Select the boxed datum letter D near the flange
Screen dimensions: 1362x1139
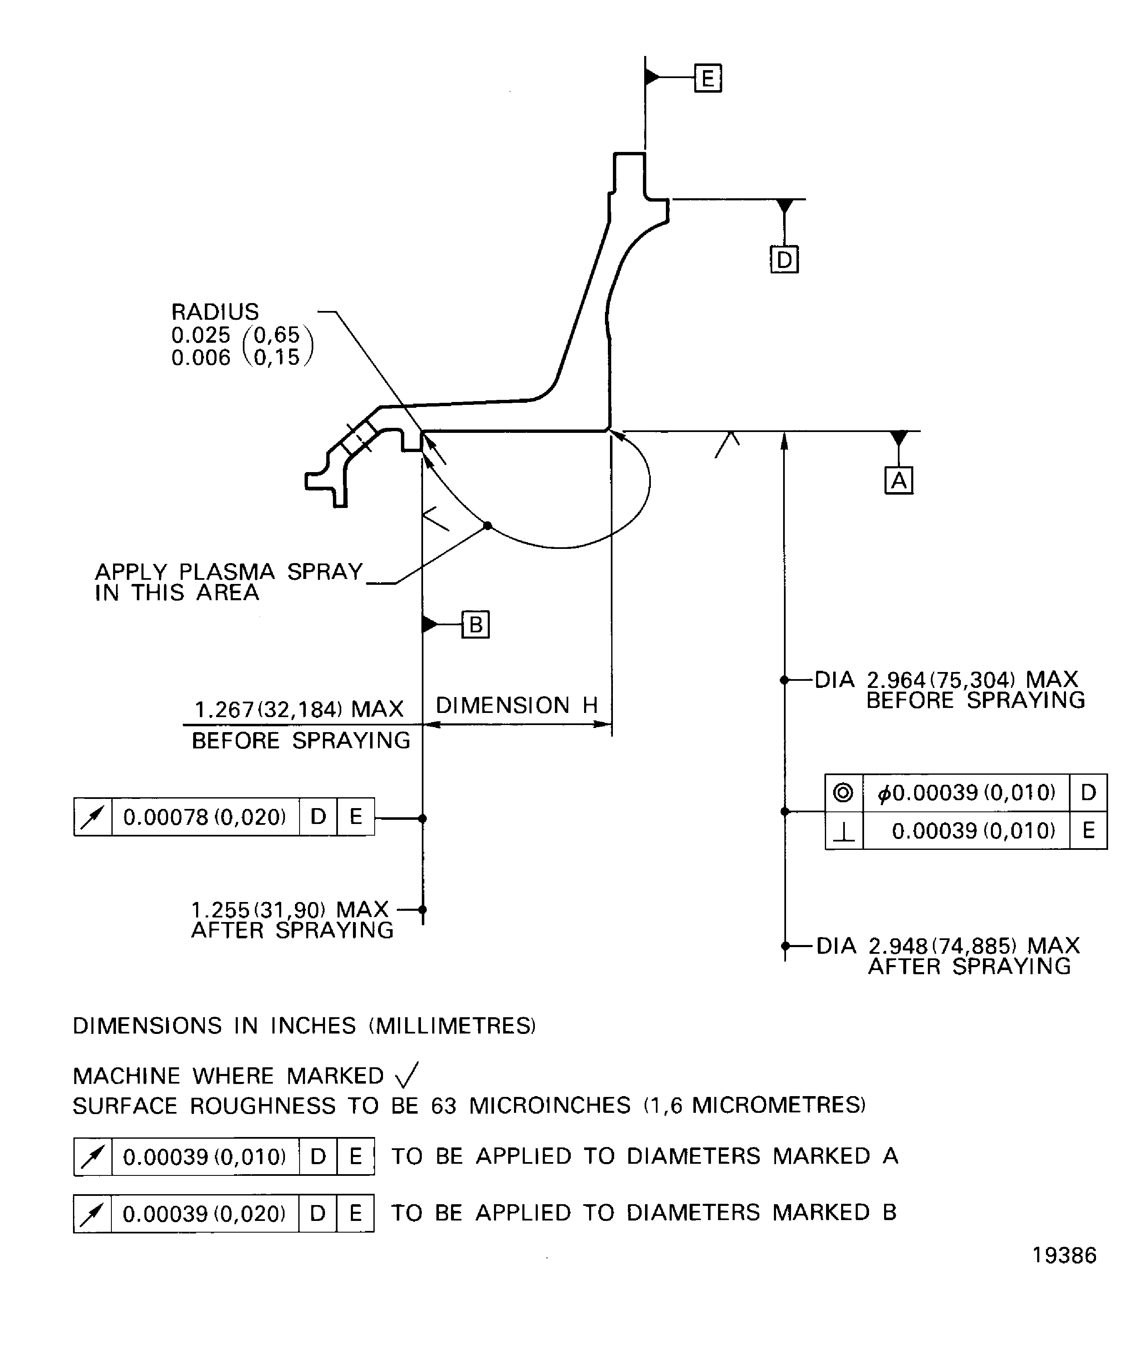click(x=784, y=260)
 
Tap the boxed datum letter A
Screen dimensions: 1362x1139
click(x=899, y=480)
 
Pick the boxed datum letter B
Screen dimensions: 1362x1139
click(x=475, y=624)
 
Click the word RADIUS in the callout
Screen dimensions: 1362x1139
click(x=214, y=312)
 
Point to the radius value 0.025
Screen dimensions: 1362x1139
click(x=201, y=335)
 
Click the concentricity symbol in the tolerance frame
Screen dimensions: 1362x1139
click(x=843, y=793)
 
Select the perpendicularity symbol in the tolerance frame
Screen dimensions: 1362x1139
click(x=843, y=831)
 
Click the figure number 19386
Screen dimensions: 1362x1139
click(x=1064, y=1256)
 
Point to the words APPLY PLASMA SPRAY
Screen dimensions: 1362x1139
click(x=229, y=571)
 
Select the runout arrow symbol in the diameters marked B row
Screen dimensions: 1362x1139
click(x=93, y=1213)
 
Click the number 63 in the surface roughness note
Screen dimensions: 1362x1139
click(x=444, y=1106)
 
